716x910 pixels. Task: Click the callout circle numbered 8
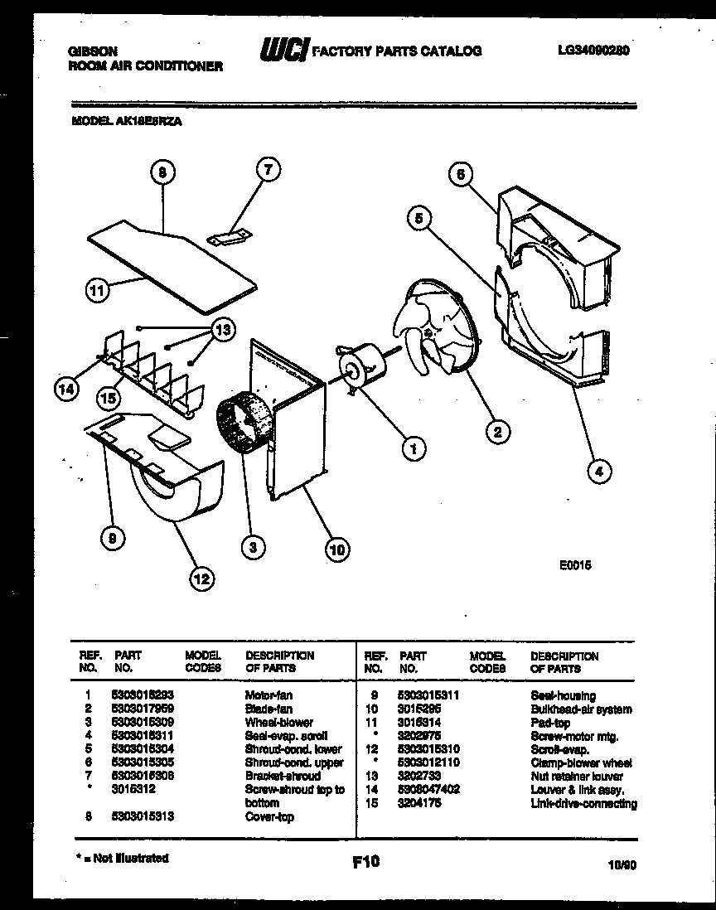click(x=162, y=173)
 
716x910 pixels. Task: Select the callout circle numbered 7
click(x=268, y=171)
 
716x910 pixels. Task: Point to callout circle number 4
click(x=599, y=472)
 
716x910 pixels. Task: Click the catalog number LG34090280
click(x=593, y=50)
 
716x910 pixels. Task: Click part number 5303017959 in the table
click(x=143, y=709)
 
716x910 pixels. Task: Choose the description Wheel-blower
click(x=279, y=723)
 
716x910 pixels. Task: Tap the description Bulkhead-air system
click(x=581, y=709)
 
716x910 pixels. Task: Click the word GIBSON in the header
click(x=86, y=51)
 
